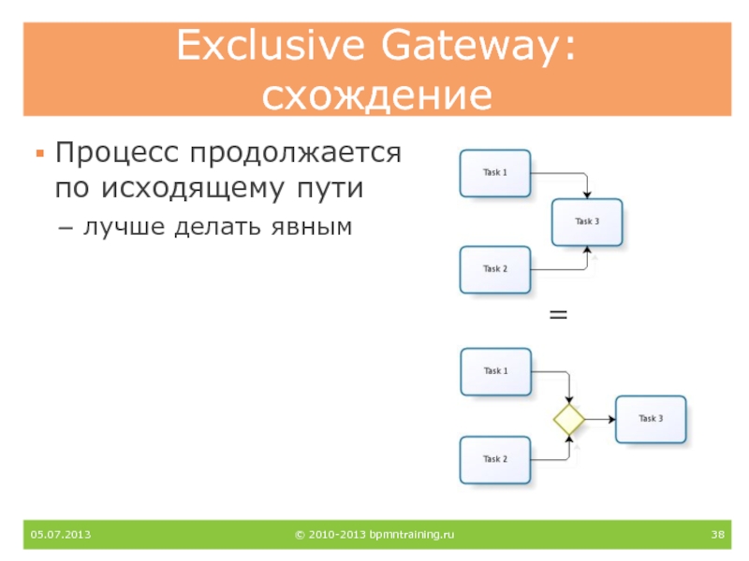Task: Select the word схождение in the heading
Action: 376,96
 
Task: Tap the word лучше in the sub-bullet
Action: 117,226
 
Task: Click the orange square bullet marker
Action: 38,151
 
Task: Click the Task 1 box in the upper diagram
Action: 495,173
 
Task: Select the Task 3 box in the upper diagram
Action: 587,222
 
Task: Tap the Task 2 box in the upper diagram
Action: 495,269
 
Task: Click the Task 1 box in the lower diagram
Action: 495,371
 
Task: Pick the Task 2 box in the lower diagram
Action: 495,459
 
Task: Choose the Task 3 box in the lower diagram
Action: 651,419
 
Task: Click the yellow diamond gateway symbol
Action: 568,419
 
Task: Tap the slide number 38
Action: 718,535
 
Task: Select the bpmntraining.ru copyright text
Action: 374,535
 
